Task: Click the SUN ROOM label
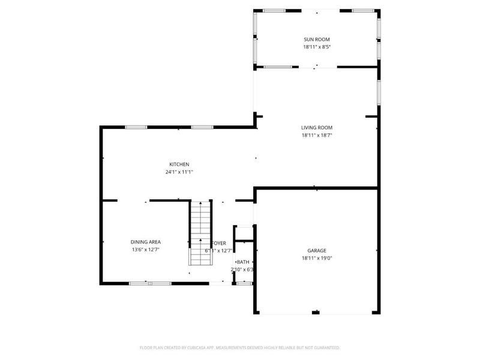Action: tap(316, 39)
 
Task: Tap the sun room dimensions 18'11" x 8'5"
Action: tap(316, 47)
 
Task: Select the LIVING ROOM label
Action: tap(316, 127)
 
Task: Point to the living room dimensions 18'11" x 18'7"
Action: tap(316, 135)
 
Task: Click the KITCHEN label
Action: tap(179, 164)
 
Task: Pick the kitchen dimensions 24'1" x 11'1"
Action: tap(179, 172)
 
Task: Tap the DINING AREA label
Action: tap(145, 242)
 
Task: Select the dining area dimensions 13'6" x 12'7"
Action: tap(145, 250)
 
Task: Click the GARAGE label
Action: tap(316, 250)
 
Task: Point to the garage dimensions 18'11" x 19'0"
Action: tap(316, 258)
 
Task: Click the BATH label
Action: tap(243, 262)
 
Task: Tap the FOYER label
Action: tap(220, 243)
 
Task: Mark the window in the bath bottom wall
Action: tap(243, 283)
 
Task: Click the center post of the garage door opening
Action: tap(316, 312)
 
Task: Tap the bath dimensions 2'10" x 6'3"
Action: tap(243, 270)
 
